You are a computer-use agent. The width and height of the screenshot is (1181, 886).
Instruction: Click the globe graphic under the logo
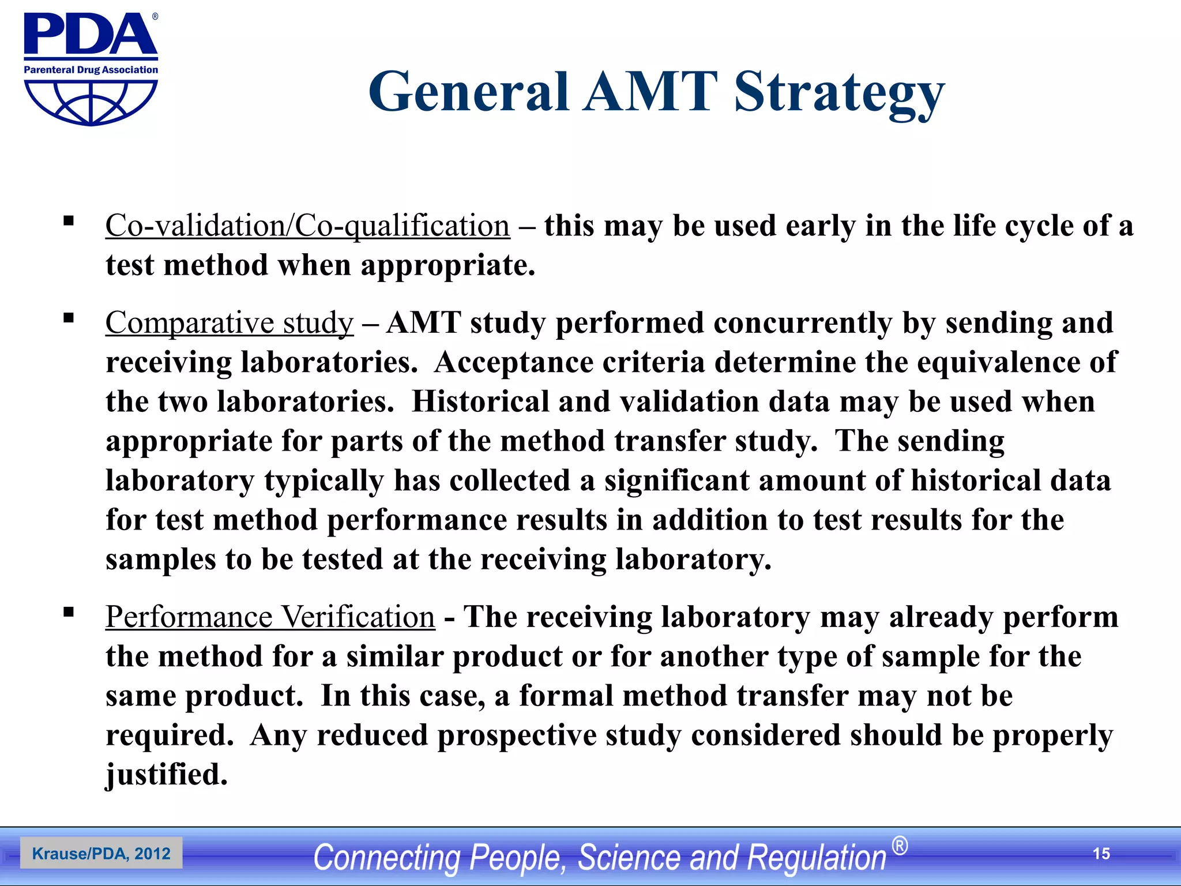[x=91, y=102]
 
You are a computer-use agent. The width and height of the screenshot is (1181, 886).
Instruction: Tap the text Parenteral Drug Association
[x=91, y=70]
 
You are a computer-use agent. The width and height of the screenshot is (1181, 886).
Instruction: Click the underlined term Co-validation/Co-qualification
[x=307, y=226]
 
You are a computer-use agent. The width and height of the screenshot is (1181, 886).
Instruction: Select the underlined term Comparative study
[x=229, y=322]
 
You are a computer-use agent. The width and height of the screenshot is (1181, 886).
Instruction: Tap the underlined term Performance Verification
[x=270, y=617]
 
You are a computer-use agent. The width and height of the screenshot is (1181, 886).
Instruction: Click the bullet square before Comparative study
[x=69, y=318]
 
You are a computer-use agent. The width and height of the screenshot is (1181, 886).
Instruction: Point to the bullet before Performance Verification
[x=69, y=612]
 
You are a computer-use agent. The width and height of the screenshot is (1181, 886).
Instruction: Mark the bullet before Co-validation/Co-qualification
[x=69, y=221]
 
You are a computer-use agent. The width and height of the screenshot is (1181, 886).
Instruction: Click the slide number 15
[x=1101, y=854]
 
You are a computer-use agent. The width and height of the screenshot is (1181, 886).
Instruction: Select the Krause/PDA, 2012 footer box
[x=101, y=854]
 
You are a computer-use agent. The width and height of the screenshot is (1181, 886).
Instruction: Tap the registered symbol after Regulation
[x=900, y=846]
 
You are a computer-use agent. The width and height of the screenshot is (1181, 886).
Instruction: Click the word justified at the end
[x=167, y=775]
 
